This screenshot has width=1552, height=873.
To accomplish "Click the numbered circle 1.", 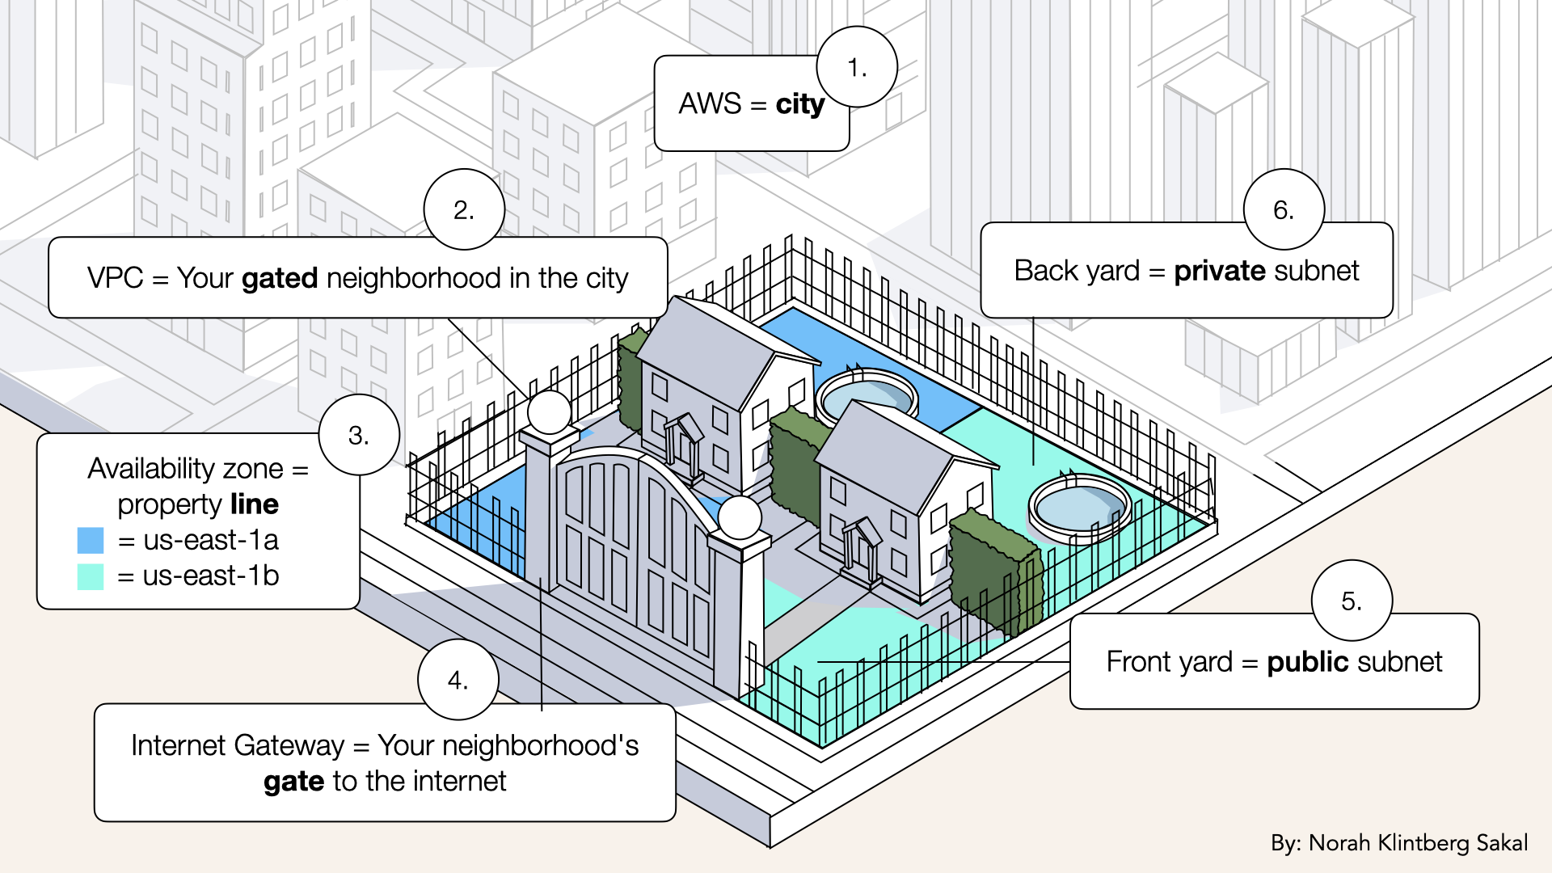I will (857, 68).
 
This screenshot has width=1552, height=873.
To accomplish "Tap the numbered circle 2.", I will (464, 210).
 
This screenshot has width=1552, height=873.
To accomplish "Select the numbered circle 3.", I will (359, 436).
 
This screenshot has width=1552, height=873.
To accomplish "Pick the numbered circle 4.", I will (458, 681).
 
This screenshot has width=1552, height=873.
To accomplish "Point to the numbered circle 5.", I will (1352, 601).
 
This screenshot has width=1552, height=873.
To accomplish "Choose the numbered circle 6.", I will (1284, 210).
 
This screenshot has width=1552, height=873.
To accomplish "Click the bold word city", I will (799, 104).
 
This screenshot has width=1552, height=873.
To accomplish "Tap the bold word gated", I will (280, 278).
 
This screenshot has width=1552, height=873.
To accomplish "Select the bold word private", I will (1221, 271).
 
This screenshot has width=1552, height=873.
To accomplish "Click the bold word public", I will (1308, 662).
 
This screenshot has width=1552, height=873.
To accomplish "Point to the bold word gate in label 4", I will (293, 782).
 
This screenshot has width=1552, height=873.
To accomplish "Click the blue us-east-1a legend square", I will (91, 540).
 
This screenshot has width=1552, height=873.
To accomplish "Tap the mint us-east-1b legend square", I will (91, 576).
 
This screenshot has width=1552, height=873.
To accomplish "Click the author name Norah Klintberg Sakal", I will (1418, 843).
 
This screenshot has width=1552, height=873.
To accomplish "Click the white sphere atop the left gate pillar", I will (550, 412).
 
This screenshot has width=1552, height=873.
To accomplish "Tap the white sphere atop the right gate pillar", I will (739, 517).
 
